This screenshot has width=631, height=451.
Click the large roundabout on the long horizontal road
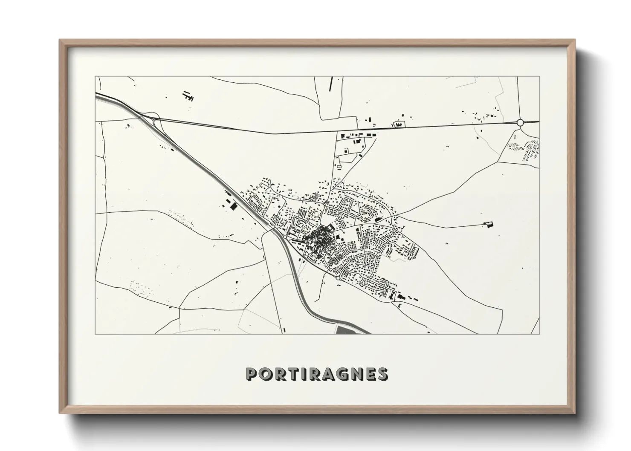click(520, 123)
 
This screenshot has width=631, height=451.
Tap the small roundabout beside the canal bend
click(285, 235)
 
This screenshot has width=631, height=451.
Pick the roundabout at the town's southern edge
click(338, 278)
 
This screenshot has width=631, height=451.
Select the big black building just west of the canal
click(233, 206)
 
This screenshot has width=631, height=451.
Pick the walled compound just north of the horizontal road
click(399, 124)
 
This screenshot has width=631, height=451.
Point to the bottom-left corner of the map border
click(95, 334)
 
